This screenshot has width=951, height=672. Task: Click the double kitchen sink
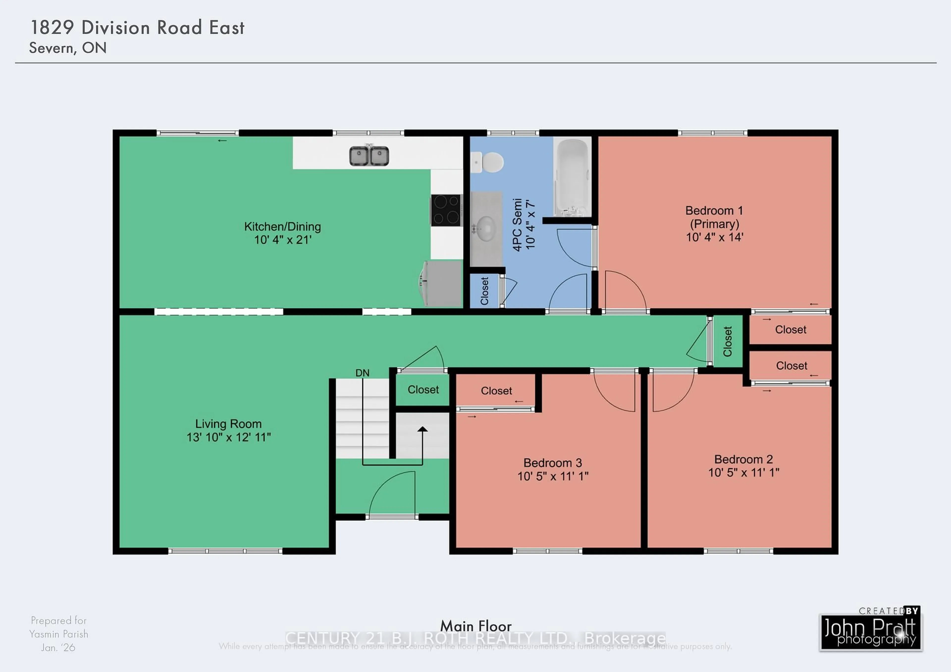[369, 156]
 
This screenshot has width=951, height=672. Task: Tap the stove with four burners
[446, 210]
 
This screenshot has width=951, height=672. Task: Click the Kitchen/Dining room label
[283, 227]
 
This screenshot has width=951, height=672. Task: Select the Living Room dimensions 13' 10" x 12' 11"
[228, 437]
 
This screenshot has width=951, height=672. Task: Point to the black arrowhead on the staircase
[422, 429]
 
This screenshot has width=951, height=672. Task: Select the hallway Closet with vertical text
[727, 341]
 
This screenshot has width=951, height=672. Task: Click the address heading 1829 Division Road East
[137, 28]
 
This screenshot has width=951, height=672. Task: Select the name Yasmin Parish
[58, 634]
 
